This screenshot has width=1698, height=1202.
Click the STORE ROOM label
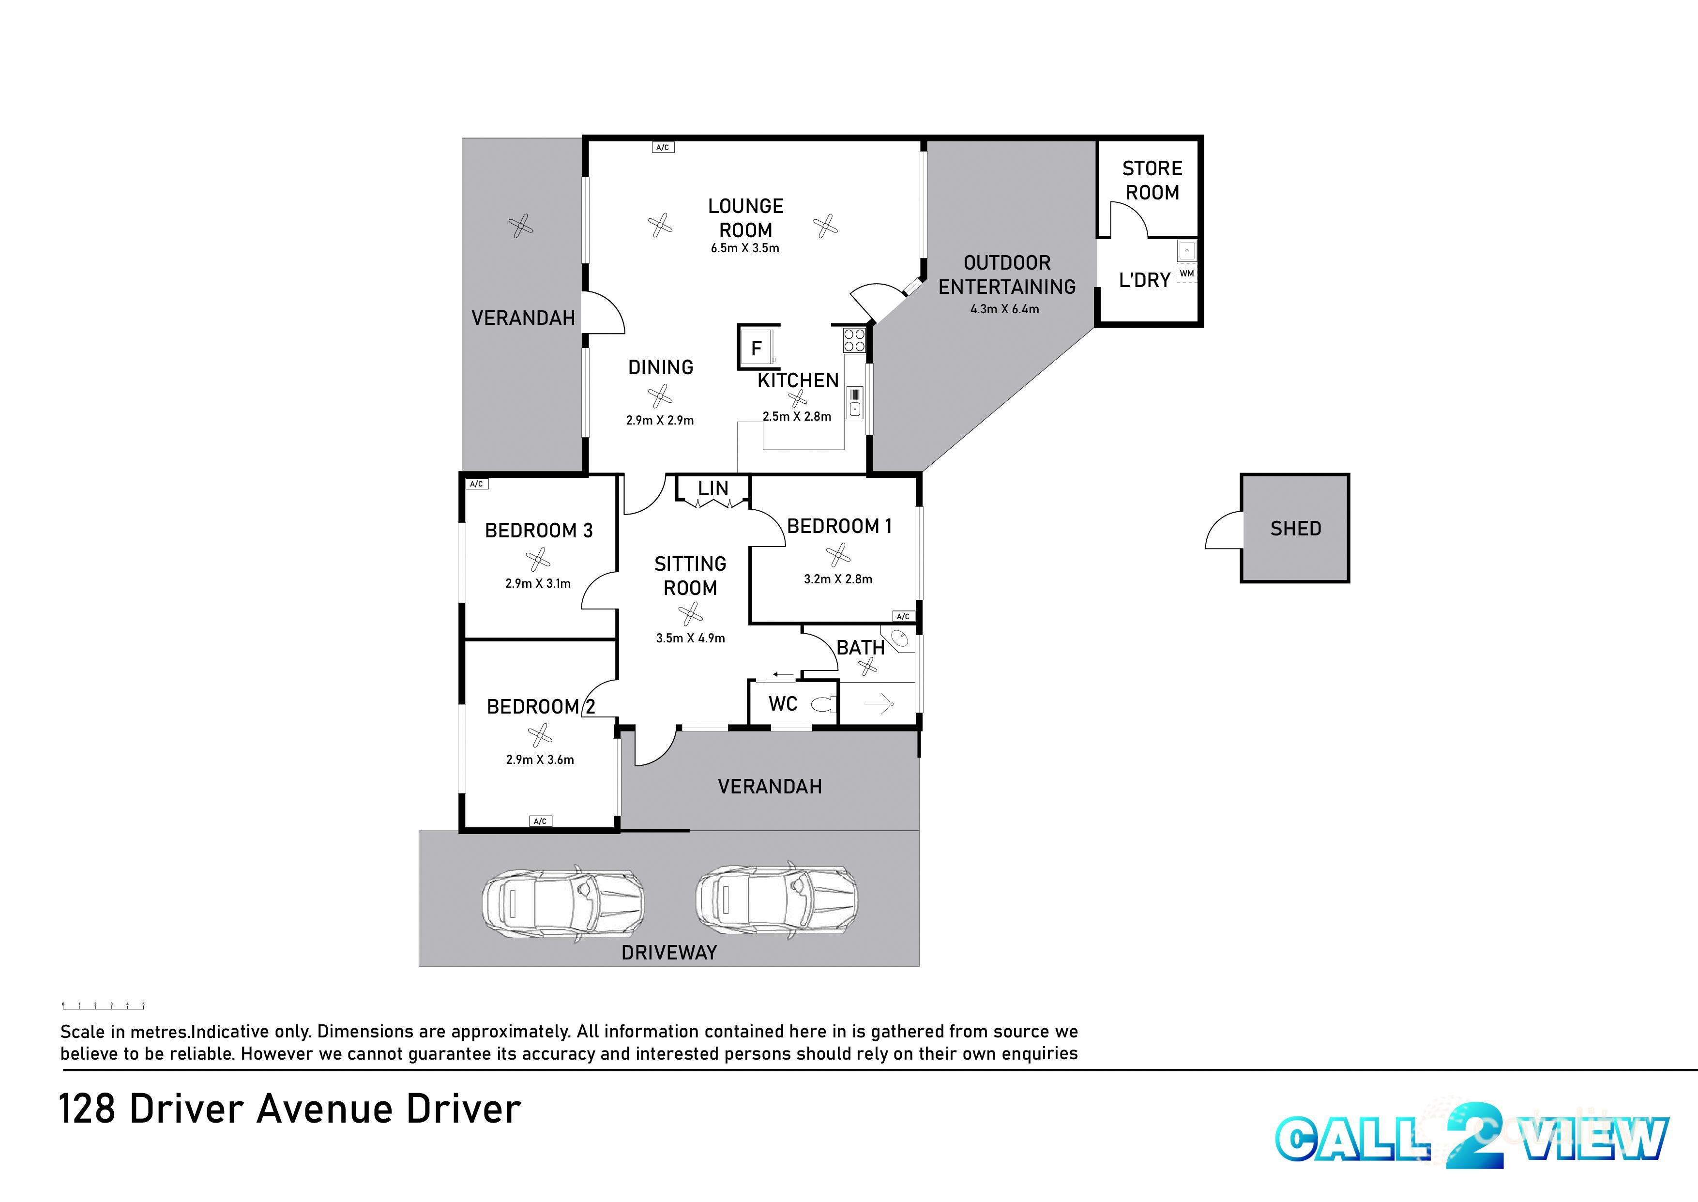[x=1152, y=181]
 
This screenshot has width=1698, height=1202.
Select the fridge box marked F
[x=756, y=347]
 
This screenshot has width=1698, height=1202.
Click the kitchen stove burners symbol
[x=854, y=340]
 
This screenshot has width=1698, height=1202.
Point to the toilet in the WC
[x=823, y=704]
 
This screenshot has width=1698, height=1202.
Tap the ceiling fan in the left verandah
[x=521, y=226]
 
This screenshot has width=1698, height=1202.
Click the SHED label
[x=1295, y=529]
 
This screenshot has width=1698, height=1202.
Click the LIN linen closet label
[x=713, y=488]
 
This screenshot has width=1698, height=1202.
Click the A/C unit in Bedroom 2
[x=541, y=821]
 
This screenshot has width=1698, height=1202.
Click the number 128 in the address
[x=87, y=1110]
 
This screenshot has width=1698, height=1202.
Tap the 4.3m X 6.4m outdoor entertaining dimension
[x=1005, y=309]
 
